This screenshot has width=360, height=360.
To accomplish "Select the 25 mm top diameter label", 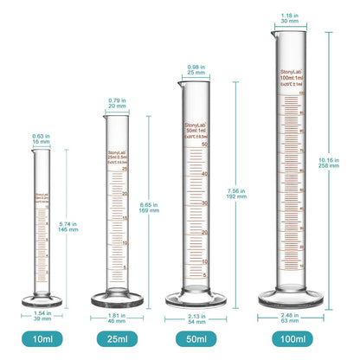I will click(x=198, y=71).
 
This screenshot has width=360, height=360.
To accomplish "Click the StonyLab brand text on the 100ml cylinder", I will click(x=291, y=72).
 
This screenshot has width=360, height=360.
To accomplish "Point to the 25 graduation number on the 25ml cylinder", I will click(x=125, y=169).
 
